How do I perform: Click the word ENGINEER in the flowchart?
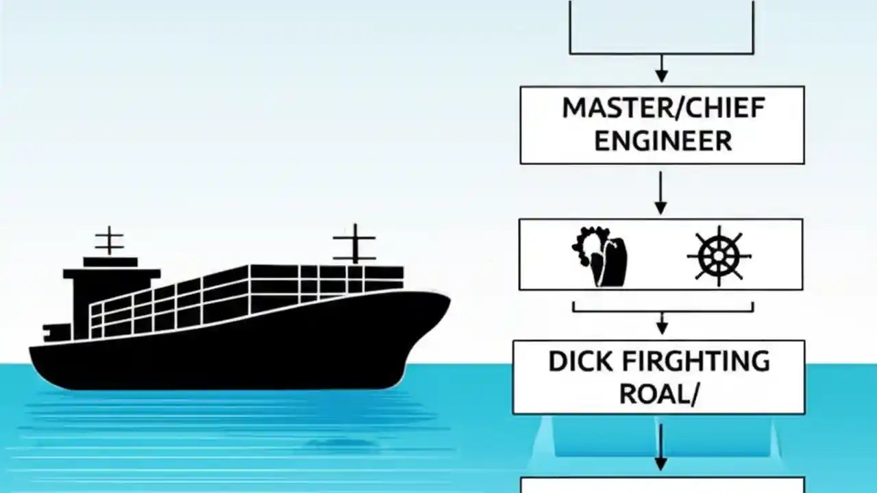663,141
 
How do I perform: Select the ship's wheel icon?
719,256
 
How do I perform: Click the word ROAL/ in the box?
659,394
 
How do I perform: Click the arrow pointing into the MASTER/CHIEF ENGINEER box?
661,69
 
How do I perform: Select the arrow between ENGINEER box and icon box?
661,193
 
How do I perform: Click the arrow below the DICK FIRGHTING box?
661,446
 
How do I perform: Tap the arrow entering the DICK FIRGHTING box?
661,322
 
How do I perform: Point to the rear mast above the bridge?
109,241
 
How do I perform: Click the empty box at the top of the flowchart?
661,27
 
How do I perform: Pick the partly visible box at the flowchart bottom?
661,485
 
